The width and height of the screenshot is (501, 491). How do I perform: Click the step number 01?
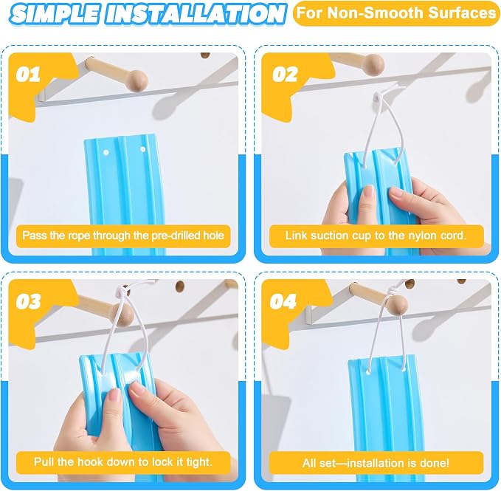(28, 75)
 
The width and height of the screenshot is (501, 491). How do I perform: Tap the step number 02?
(285, 75)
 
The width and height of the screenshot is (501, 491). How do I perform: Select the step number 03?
(29, 301)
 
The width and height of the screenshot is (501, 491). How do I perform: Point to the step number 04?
(283, 301)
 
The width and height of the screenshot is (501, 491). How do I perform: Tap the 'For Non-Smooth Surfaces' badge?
(396, 13)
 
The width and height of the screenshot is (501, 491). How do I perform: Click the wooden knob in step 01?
(137, 79)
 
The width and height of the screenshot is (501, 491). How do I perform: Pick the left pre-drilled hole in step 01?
(106, 152)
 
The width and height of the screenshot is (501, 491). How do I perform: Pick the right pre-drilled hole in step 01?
(143, 149)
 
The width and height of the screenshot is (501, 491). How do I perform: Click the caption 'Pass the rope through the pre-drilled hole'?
(123, 236)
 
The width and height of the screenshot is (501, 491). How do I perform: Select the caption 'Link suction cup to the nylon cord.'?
(376, 236)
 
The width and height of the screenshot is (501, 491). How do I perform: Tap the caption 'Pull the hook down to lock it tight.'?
(123, 462)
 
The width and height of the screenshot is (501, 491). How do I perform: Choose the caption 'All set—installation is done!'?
(376, 463)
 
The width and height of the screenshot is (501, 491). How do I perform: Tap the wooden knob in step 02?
(374, 65)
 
